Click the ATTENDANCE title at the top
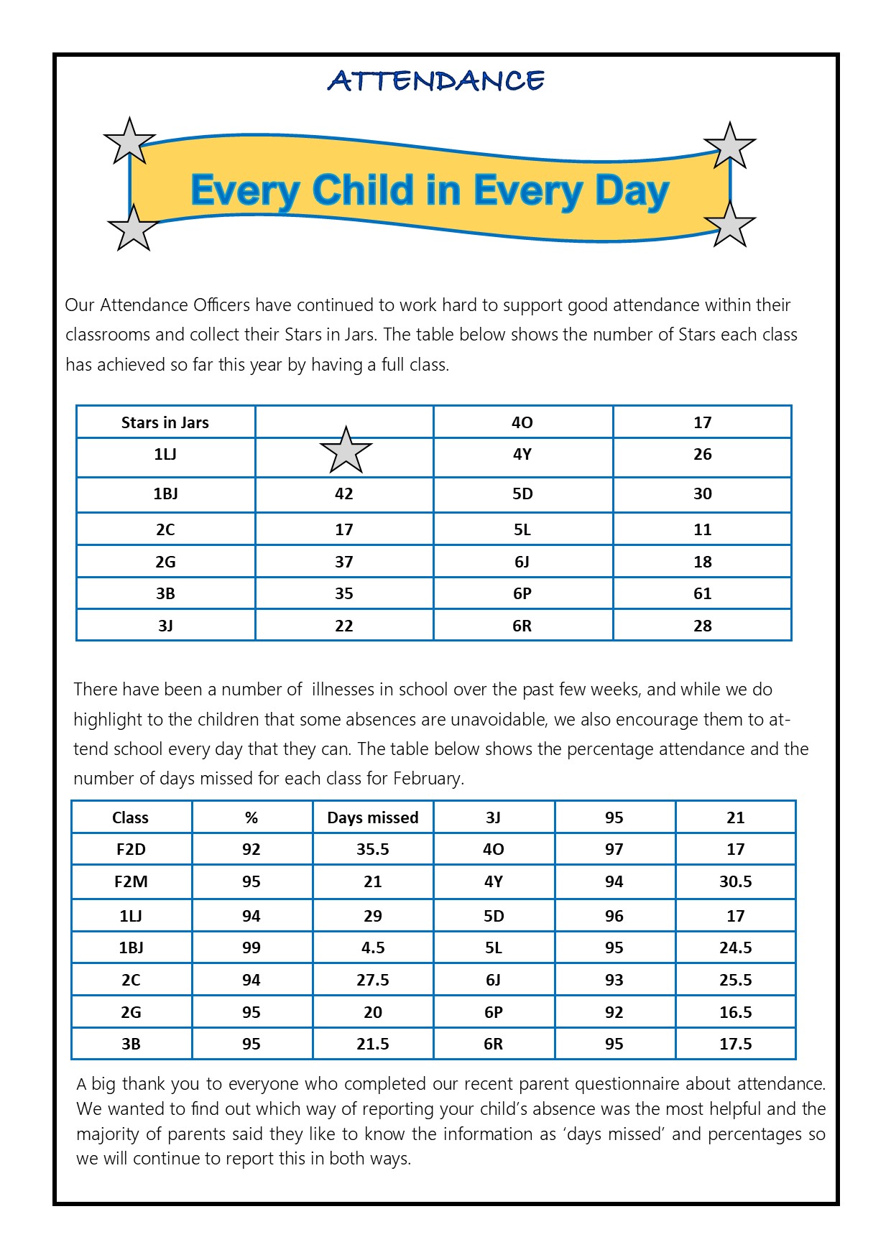(x=436, y=80)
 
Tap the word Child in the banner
(x=364, y=191)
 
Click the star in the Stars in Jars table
(x=346, y=450)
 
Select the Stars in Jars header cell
(x=165, y=422)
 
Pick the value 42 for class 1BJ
(x=344, y=494)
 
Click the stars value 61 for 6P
(x=702, y=593)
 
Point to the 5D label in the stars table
(x=522, y=494)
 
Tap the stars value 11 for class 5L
(x=702, y=529)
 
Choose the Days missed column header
(x=372, y=817)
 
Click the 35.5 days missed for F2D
(x=372, y=849)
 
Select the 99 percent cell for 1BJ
(x=251, y=948)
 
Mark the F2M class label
(x=131, y=881)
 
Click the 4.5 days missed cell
(x=372, y=948)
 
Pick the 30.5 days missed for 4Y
(x=735, y=881)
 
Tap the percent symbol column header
(x=251, y=817)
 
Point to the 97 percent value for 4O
(x=614, y=849)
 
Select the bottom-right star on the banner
(x=730, y=224)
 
